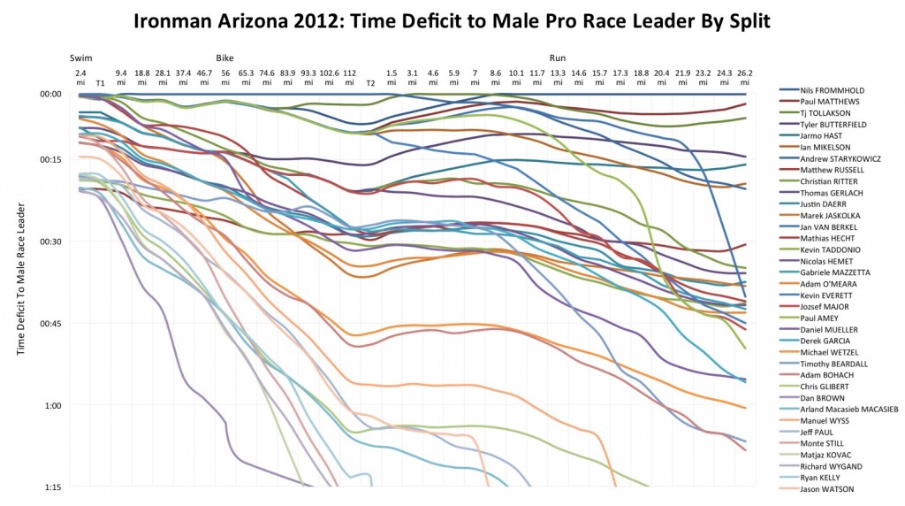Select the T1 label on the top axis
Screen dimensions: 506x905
click(101, 82)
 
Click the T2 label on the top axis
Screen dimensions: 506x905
click(371, 82)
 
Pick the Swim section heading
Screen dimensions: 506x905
click(81, 57)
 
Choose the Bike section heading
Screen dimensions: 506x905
click(225, 57)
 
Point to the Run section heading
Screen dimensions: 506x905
click(559, 57)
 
